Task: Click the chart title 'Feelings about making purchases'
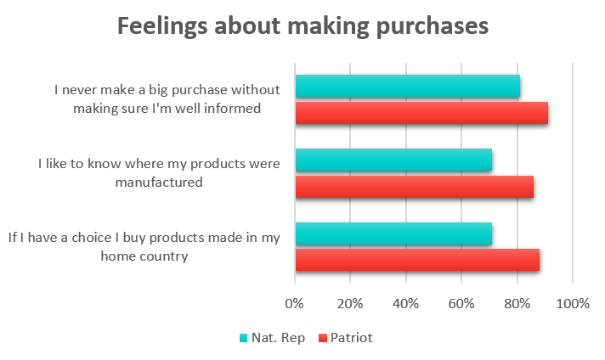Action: coord(302,26)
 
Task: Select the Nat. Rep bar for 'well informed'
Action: coord(407,86)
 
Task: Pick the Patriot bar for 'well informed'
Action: coord(421,113)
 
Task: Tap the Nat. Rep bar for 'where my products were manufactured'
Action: coord(393,160)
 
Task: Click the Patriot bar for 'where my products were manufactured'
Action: coord(414,187)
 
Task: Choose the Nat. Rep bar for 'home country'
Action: coord(393,233)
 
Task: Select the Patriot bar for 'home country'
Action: coord(417,260)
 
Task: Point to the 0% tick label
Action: coord(295,303)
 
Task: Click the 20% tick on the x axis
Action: coord(350,303)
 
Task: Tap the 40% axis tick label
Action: coord(405,303)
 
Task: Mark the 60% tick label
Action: coord(461,303)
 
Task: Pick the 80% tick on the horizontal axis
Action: coord(517,303)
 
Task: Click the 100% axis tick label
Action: coord(572,303)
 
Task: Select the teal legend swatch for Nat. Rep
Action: coord(243,338)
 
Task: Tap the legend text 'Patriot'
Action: coord(351,338)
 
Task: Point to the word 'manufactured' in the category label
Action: coord(161,181)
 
